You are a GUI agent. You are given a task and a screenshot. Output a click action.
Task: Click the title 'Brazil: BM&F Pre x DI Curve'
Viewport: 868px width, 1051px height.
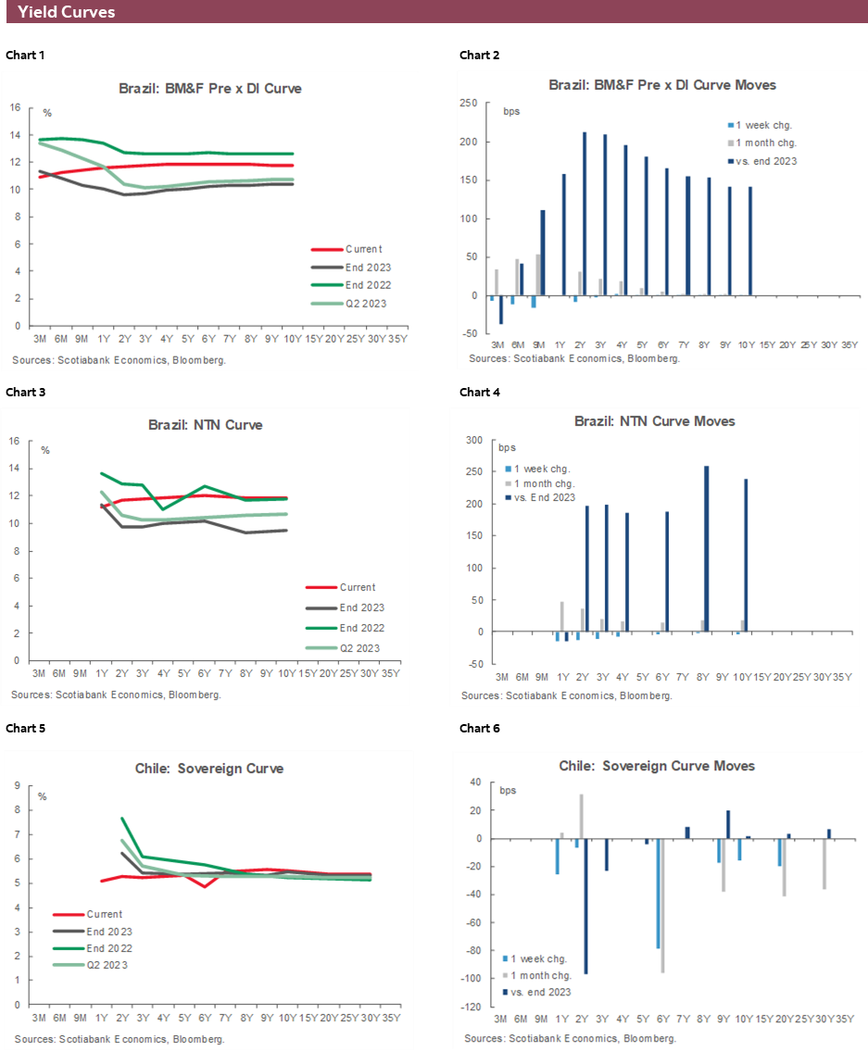(x=209, y=89)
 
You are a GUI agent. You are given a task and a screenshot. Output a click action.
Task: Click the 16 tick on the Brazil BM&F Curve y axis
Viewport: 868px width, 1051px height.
(x=15, y=107)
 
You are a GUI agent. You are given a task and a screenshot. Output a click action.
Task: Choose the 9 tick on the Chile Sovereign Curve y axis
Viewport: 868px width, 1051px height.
(x=18, y=786)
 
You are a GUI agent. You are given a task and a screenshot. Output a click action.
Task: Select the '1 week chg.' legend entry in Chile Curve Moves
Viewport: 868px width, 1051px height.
(x=541, y=959)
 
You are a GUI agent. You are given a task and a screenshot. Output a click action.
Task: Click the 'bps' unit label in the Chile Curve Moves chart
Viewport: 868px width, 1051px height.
(x=509, y=791)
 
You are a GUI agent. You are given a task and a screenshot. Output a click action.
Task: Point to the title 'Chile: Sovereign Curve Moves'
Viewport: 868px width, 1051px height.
(x=657, y=766)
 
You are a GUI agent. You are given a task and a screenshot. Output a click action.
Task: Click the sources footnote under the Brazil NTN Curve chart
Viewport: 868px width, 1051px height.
(x=116, y=694)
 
